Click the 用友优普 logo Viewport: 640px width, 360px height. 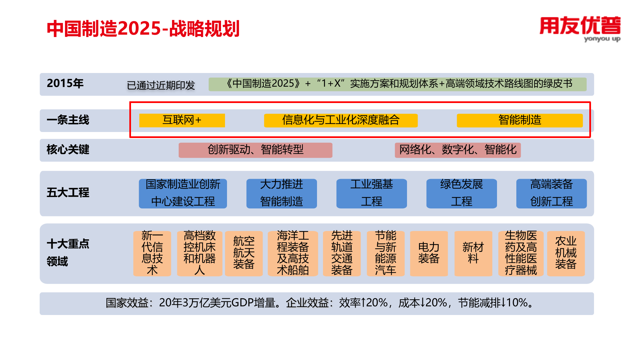(x=580, y=29)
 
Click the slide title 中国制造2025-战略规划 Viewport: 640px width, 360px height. (x=143, y=29)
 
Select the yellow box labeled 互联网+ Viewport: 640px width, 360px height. (x=182, y=120)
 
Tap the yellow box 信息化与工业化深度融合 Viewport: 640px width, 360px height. (x=341, y=120)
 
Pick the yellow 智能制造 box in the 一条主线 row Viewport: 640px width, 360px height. (x=520, y=120)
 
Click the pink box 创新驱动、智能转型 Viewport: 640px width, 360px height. (x=255, y=150)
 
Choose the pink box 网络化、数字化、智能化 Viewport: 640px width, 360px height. (x=458, y=150)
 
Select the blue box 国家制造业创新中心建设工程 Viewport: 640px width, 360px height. (x=183, y=193)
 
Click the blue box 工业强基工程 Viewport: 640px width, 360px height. (x=371, y=193)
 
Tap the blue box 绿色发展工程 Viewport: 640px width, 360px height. (x=461, y=193)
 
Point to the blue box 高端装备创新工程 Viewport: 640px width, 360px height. (x=551, y=193)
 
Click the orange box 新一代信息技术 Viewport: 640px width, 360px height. (x=152, y=253)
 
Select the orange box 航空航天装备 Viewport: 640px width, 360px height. (x=244, y=253)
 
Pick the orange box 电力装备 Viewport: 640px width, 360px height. (x=429, y=253)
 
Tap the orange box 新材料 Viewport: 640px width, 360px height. (x=473, y=253)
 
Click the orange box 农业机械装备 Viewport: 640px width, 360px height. (x=566, y=253)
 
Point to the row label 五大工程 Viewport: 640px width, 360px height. (x=68, y=193)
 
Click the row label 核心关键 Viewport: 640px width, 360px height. (x=68, y=150)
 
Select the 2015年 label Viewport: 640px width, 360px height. (x=65, y=83)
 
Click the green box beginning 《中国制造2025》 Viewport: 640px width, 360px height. (x=397, y=84)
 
